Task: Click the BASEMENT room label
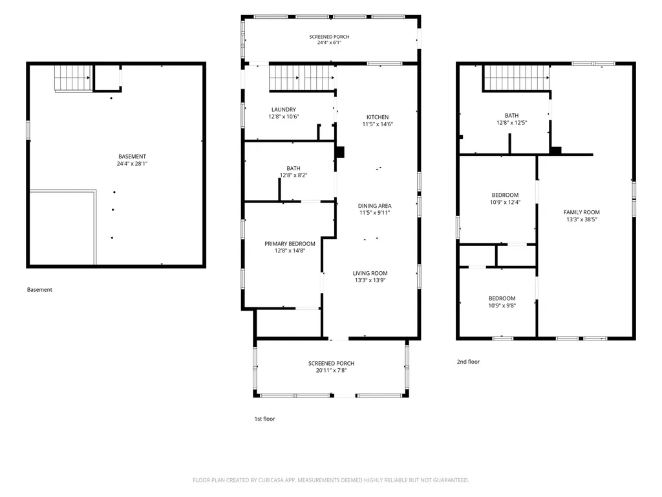132,157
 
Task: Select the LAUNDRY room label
284,109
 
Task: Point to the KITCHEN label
378,117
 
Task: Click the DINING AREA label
374,206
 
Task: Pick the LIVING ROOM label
370,274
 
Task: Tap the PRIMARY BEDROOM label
290,244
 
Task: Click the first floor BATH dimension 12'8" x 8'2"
294,175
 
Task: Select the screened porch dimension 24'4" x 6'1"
329,43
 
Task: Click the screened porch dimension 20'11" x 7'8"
332,371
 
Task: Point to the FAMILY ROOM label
582,212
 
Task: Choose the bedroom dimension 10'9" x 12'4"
506,203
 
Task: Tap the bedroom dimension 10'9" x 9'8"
502,305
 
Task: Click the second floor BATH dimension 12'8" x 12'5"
512,123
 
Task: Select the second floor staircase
517,78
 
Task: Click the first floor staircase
303,78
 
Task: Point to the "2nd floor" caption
468,362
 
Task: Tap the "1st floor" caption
264,419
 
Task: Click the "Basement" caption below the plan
39,289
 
